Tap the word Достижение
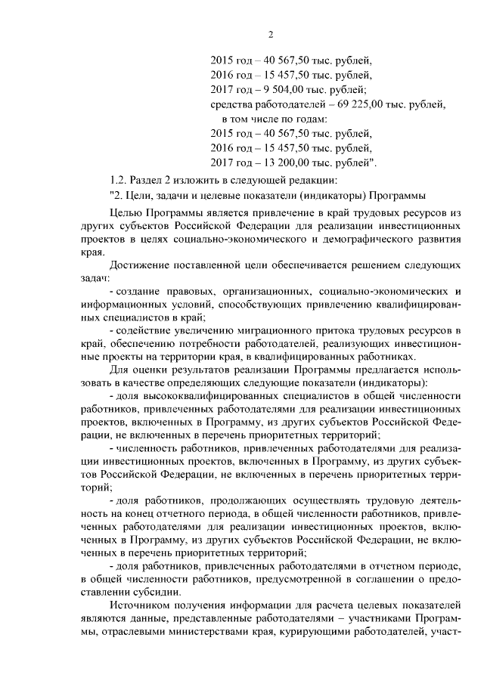click(139, 270)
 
